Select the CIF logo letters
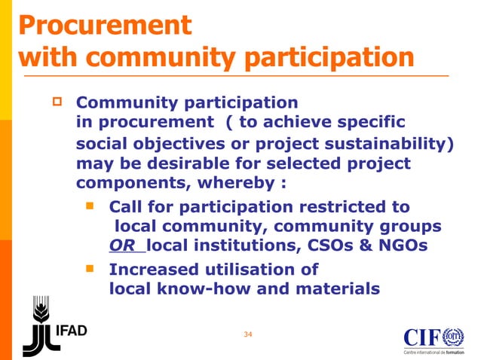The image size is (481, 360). coord(422,337)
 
